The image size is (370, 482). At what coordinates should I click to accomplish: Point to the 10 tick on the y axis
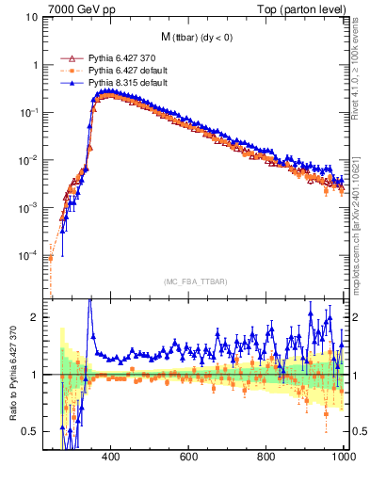30,17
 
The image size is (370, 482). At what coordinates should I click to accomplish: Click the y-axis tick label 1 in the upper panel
34,65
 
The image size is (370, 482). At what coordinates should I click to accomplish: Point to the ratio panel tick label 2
34,317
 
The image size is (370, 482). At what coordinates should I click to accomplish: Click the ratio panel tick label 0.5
30,431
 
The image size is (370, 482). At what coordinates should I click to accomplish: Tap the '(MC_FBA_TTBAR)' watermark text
195,282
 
